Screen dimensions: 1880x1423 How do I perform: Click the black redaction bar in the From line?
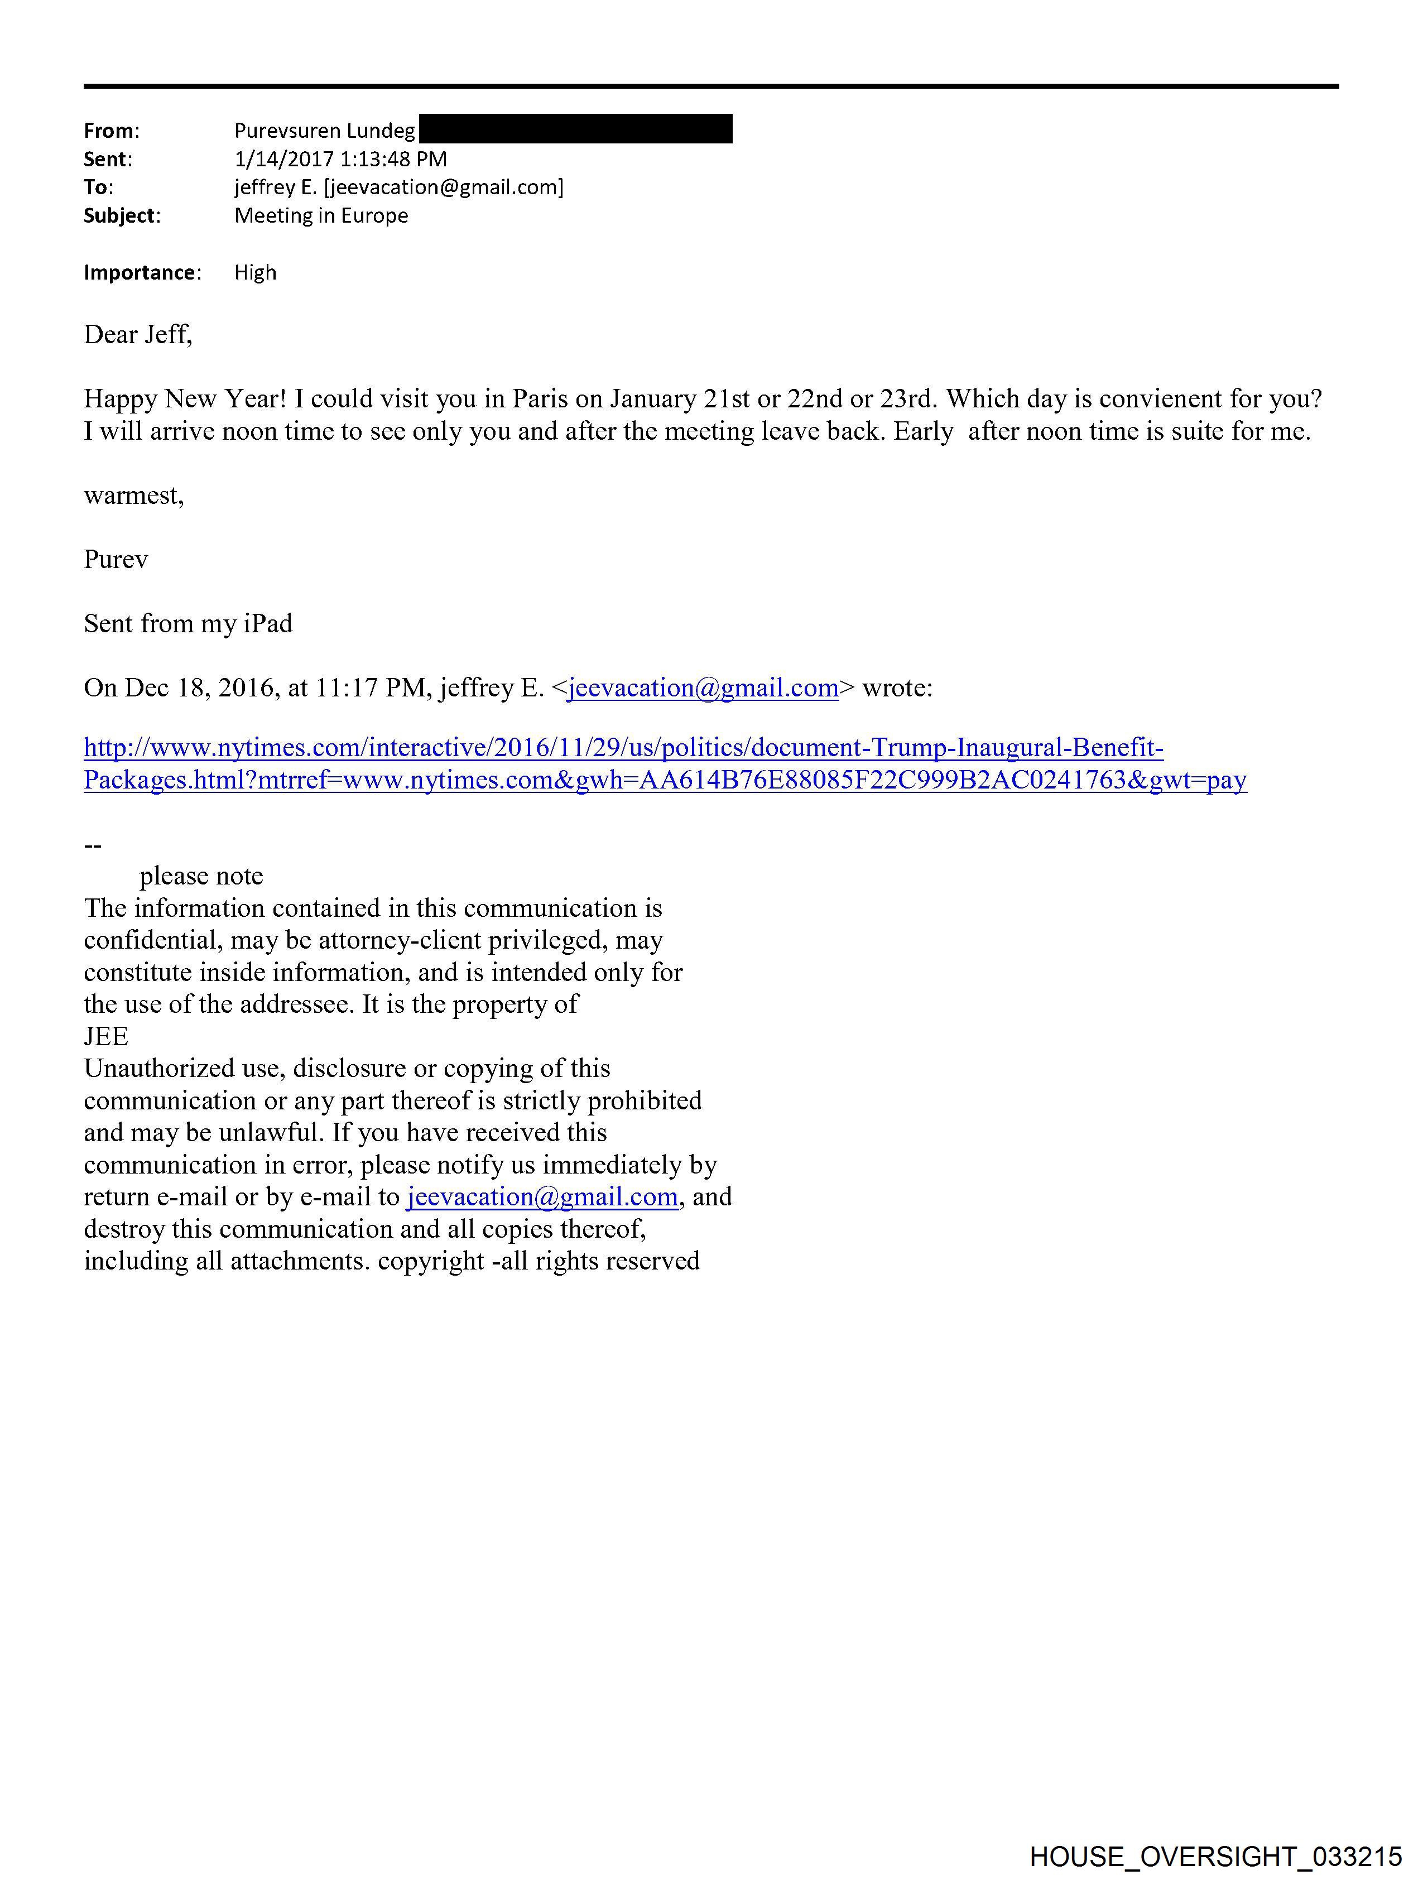[x=575, y=129]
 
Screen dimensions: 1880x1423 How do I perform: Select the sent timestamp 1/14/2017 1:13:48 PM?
[x=340, y=159]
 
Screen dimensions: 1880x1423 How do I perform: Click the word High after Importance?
[x=255, y=273]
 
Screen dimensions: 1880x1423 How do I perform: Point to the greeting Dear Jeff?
[x=138, y=335]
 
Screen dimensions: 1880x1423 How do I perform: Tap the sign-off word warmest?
[x=133, y=496]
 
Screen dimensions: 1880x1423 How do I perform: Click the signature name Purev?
[x=116, y=559]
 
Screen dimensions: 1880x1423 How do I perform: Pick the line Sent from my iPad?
[x=188, y=624]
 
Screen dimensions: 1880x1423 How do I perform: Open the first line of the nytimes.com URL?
[x=623, y=748]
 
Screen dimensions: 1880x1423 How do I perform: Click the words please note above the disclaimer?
[x=201, y=876]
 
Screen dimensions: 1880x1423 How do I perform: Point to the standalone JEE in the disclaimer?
[x=106, y=1037]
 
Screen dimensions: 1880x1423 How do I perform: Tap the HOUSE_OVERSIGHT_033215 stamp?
[x=1215, y=1855]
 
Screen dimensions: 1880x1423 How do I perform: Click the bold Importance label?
[x=140, y=273]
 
